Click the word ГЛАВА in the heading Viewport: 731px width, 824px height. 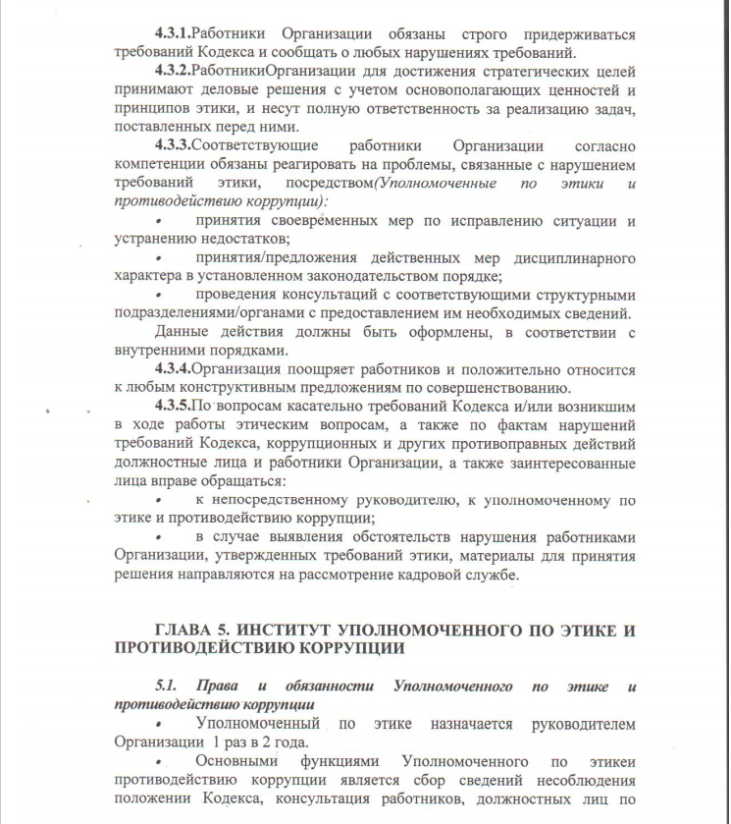pyautogui.click(x=187, y=628)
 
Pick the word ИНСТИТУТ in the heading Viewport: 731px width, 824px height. pyautogui.click(x=297, y=628)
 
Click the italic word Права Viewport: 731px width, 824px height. pyautogui.click(x=213, y=687)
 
